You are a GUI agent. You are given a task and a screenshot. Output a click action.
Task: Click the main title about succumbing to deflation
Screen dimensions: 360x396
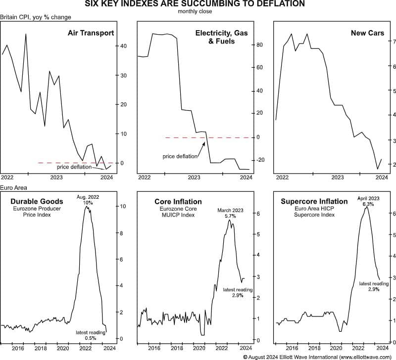[198, 4]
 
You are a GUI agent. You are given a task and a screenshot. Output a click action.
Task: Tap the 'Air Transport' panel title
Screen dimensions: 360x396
[91, 33]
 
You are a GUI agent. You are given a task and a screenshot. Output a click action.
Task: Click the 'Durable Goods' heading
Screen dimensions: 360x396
[37, 201]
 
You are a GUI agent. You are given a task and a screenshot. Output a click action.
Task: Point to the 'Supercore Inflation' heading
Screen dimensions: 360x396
[314, 201]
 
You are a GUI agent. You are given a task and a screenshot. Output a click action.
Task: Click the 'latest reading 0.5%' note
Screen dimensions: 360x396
[91, 335]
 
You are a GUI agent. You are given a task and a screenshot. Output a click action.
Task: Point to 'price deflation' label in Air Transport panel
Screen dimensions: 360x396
[74, 167]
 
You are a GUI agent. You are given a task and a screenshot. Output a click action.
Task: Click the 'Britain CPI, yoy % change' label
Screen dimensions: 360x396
[36, 17]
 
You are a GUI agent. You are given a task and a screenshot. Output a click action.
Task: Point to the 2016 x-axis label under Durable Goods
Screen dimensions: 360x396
[18, 348]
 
